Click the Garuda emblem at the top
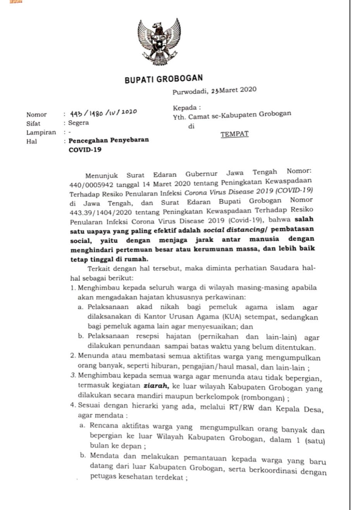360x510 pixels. coord(159,42)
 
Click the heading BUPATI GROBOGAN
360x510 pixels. coord(164,79)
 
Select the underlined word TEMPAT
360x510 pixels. coord(234,134)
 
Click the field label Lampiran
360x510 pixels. coord(41,132)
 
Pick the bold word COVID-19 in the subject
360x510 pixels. coord(85,149)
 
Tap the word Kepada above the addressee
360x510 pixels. coord(186,108)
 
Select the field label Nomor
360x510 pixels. coord(36,114)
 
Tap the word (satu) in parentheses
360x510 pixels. coord(314,441)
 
